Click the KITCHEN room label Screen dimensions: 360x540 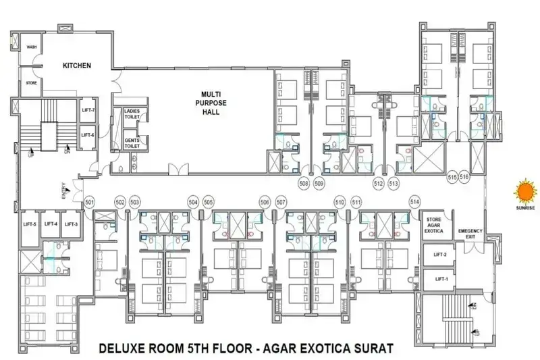click(x=77, y=66)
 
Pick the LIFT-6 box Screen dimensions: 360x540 click(x=88, y=134)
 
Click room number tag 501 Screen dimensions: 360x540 click(x=90, y=201)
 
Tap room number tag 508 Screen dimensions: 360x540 click(x=304, y=183)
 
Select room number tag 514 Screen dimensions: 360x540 click(x=414, y=201)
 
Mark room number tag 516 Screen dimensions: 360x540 click(x=464, y=177)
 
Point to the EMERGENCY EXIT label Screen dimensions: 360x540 click(x=470, y=234)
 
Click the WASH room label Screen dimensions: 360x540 click(x=32, y=47)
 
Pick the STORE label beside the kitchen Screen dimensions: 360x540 click(x=32, y=83)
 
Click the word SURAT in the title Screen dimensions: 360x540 click(x=367, y=349)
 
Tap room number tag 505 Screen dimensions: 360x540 click(x=209, y=201)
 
